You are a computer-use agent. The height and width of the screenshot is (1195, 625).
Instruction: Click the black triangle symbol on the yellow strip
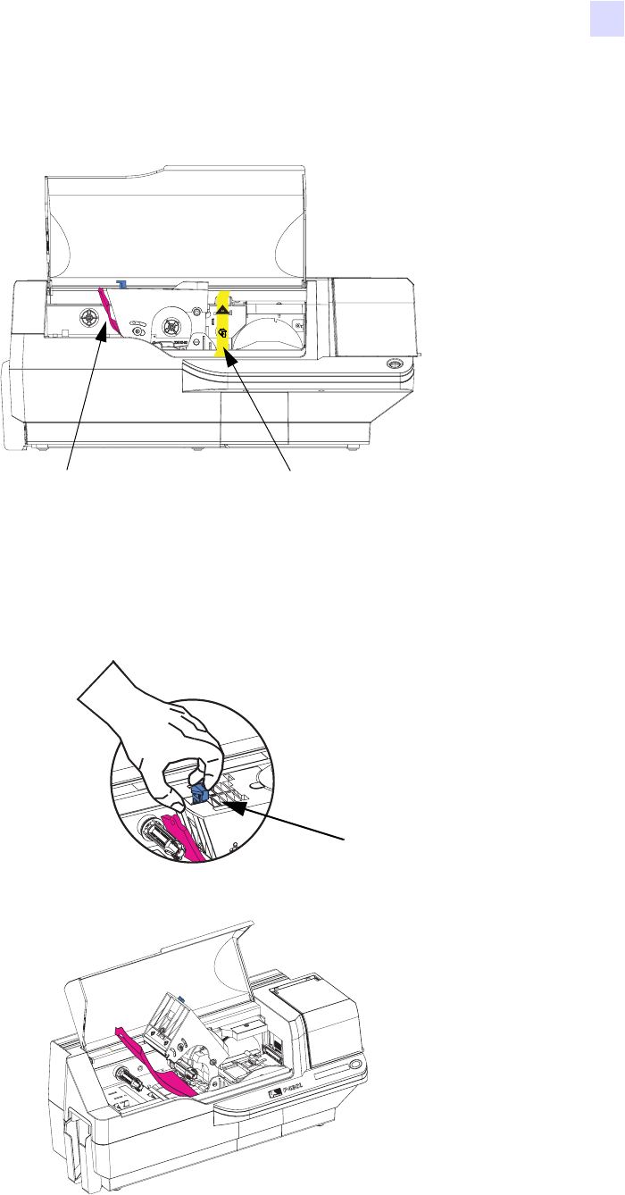click(x=222, y=305)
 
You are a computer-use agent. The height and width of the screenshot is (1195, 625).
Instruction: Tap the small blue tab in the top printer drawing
click(x=121, y=284)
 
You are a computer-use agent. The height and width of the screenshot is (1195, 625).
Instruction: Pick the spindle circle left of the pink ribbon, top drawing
click(x=88, y=317)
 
